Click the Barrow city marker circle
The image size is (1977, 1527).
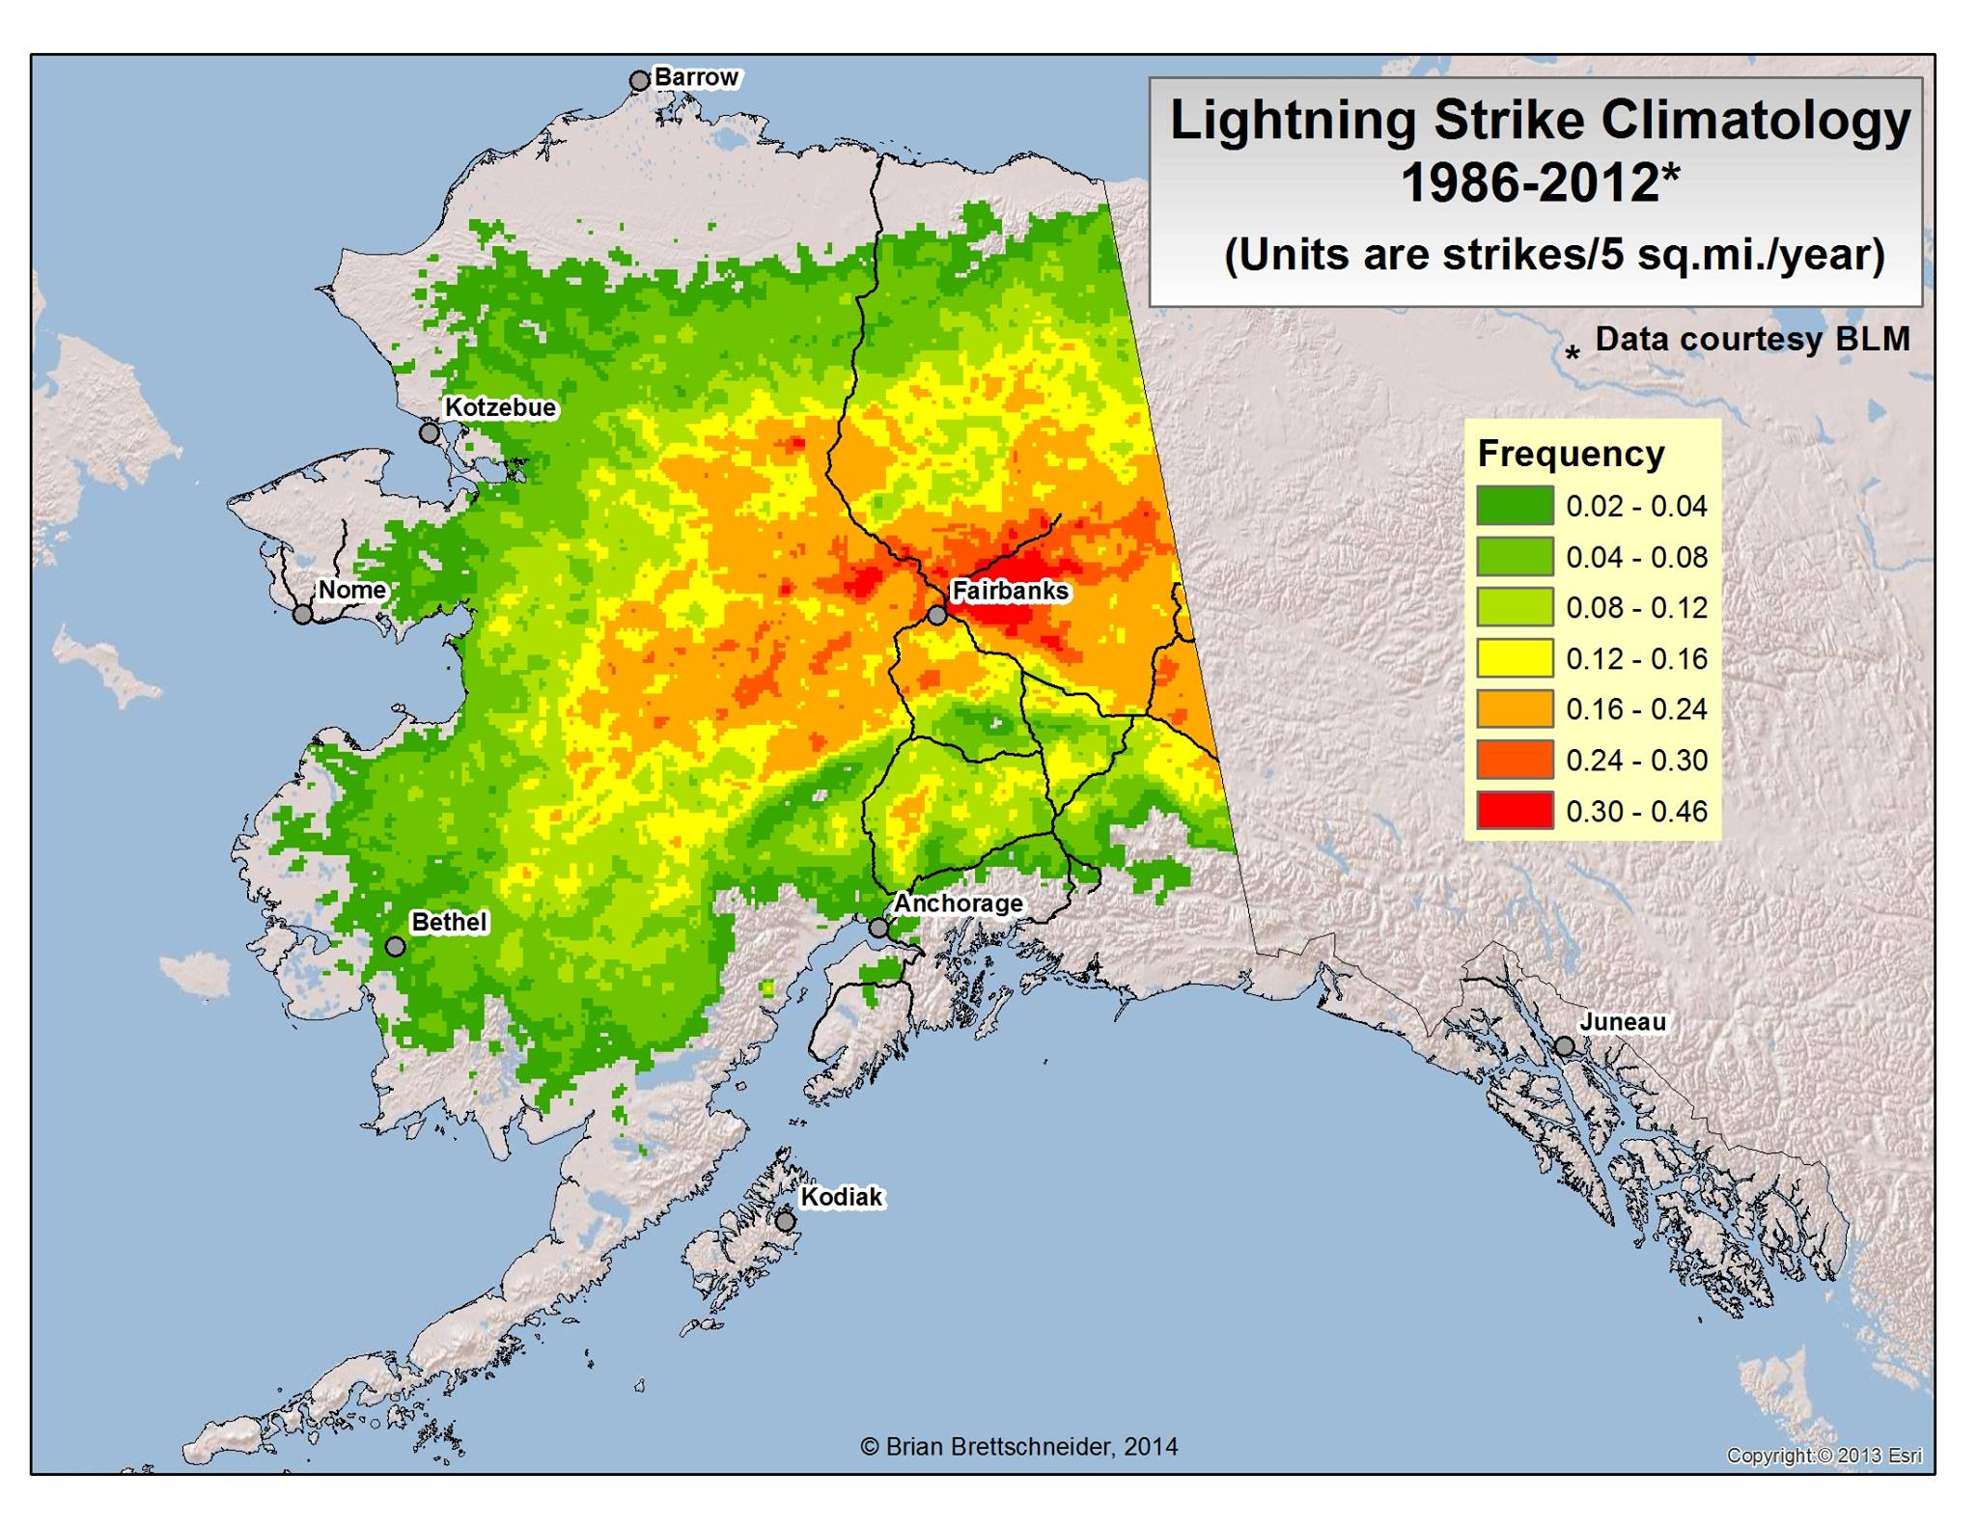639,81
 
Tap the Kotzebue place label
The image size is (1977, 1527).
500,407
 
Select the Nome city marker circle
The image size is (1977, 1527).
303,614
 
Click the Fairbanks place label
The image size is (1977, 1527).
1010,591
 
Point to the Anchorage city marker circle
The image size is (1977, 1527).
878,928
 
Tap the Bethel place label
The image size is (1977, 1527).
449,922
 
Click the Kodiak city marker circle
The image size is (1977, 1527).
786,1221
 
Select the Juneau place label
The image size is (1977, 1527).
1623,1021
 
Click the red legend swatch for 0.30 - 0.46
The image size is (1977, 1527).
1515,811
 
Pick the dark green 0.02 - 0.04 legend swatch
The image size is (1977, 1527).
1515,506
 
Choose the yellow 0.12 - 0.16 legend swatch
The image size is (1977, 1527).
1515,658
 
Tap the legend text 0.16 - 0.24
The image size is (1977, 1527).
1636,709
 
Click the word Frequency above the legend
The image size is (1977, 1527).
1571,454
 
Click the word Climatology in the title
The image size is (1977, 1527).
1756,122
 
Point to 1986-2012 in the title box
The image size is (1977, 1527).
1530,182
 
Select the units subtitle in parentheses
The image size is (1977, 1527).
1553,256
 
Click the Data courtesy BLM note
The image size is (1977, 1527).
1751,339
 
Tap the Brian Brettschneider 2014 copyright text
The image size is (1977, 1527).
1018,1446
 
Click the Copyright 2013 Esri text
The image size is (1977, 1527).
1824,1456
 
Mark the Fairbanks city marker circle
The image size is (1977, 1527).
936,615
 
